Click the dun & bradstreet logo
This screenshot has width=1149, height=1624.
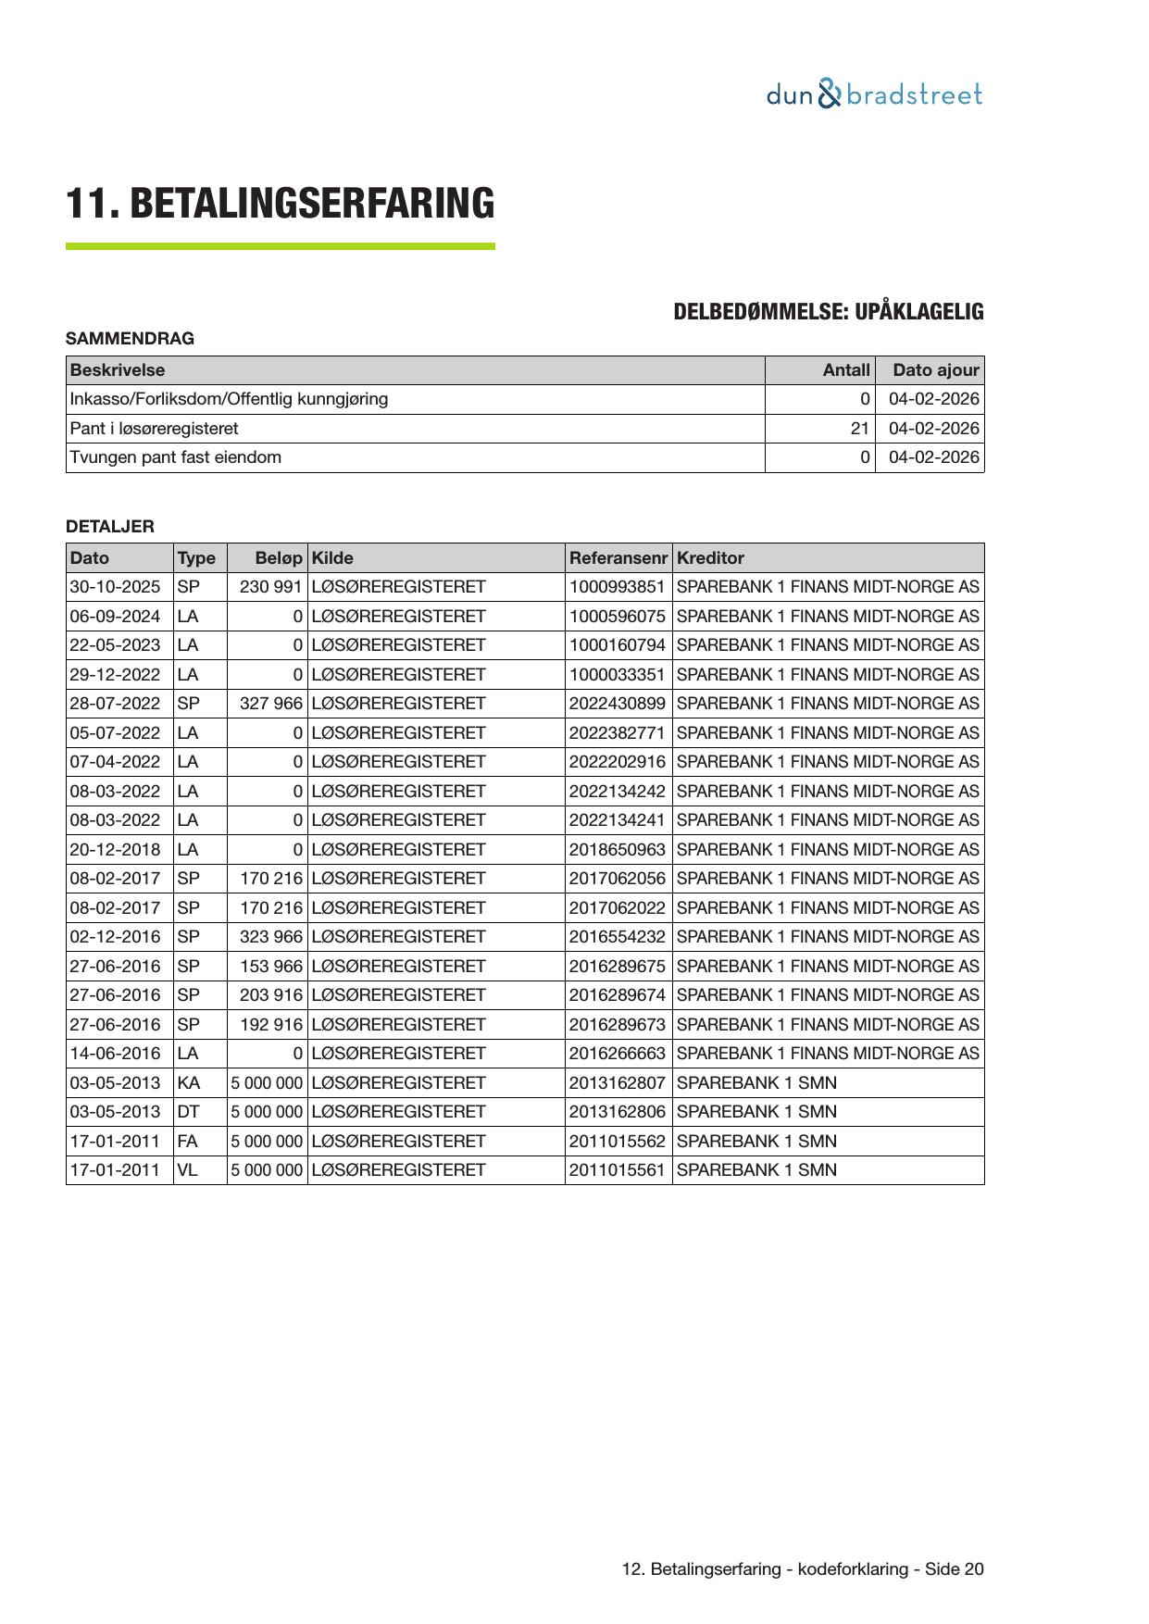click(873, 94)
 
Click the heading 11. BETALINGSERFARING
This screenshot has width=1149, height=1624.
click(280, 204)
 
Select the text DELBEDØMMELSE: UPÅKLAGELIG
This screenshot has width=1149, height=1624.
click(828, 312)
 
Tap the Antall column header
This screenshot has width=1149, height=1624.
click(846, 370)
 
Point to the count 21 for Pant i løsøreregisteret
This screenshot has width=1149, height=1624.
click(860, 429)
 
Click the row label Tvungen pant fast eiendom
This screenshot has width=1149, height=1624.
click(176, 457)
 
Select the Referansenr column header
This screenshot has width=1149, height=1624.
click(618, 558)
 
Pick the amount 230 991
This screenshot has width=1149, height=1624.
click(270, 587)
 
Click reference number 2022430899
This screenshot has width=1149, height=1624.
click(617, 704)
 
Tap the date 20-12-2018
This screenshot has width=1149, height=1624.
click(115, 850)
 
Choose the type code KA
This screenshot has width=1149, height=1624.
click(188, 1083)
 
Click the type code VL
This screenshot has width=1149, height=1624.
click(187, 1170)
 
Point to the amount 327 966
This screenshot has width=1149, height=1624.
click(270, 704)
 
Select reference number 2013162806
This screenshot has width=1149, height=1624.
click(617, 1112)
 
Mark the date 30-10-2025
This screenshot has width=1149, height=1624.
click(115, 587)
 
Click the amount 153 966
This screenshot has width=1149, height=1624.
click(270, 967)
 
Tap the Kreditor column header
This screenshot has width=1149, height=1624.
click(710, 558)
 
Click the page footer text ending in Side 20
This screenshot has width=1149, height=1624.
click(803, 1569)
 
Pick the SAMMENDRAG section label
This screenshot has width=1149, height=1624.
click(130, 339)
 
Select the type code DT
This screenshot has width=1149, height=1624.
click(188, 1112)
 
